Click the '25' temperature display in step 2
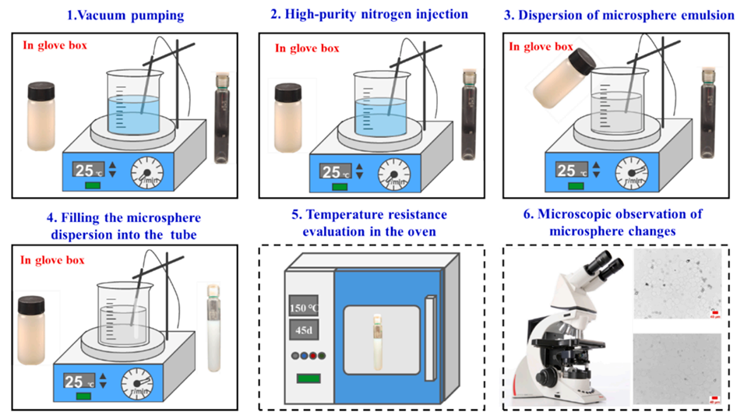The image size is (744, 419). pos(333,173)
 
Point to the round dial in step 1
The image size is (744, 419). pos(146,171)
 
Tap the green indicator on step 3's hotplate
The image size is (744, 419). pos(574,186)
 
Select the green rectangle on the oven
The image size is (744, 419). pos(309,379)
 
